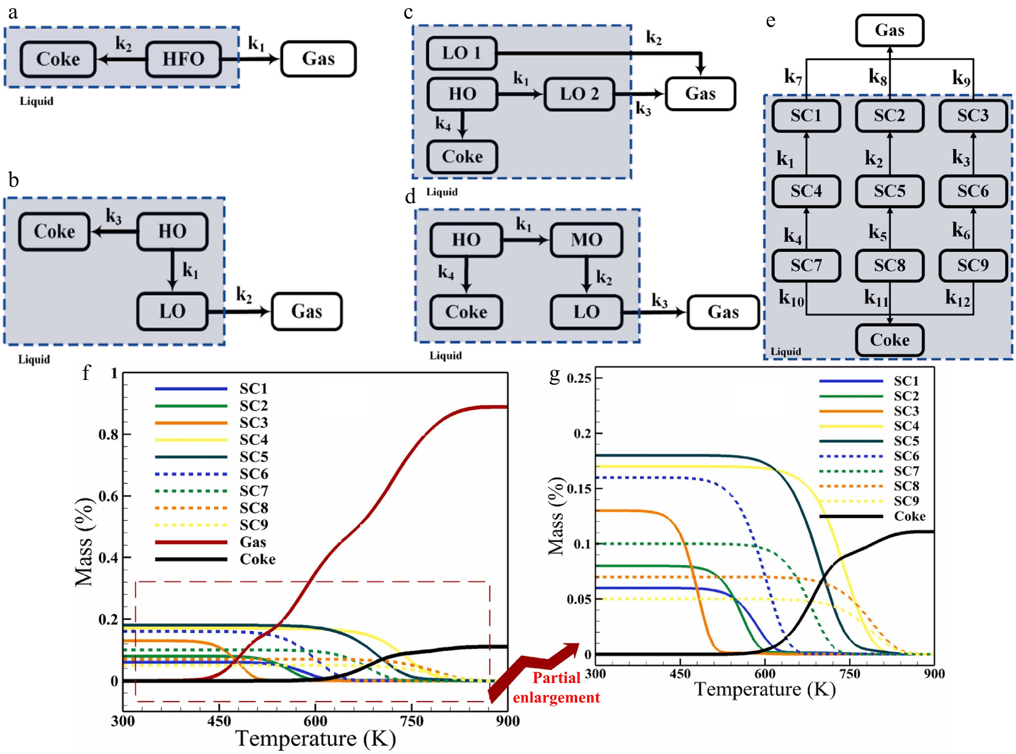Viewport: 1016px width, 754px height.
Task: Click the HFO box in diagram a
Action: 184,59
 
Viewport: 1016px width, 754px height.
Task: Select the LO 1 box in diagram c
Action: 462,53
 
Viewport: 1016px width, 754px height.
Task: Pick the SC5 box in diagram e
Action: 890,191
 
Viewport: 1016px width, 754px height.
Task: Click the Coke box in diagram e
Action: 890,340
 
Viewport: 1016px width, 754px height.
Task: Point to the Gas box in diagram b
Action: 307,311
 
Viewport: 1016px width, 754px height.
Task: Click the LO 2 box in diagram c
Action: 579,94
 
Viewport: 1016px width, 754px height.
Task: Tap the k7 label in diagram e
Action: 793,77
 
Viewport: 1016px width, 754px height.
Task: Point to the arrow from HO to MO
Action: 526,240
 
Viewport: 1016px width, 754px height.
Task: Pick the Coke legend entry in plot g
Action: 873,516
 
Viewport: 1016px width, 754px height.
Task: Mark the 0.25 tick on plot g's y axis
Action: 579,378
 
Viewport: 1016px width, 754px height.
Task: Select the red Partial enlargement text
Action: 556,687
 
